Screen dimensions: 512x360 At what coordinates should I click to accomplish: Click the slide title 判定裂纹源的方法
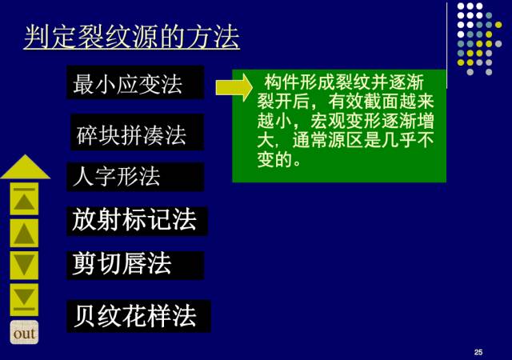coord(131,37)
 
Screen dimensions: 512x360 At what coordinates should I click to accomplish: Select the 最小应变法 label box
coord(135,82)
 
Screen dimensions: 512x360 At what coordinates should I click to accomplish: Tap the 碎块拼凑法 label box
coord(137,132)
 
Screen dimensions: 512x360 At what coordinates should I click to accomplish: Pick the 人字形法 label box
coord(135,177)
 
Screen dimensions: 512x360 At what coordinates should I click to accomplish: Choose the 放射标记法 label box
coord(137,221)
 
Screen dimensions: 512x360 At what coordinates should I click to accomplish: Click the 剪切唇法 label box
coord(135,265)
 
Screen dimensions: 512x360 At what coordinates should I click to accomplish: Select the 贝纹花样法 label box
coord(138,316)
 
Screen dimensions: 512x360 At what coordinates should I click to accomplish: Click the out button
coord(24,332)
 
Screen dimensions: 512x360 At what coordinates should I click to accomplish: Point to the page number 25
coord(478,352)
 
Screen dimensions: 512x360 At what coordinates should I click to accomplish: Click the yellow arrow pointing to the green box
coord(234,87)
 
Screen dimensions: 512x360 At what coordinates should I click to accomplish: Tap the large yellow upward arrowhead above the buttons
coord(26,167)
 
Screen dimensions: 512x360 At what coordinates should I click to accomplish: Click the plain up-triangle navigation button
coord(24,233)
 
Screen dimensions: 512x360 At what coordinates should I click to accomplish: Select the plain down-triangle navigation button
coord(24,266)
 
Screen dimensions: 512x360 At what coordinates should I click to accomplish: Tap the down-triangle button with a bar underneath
coord(24,299)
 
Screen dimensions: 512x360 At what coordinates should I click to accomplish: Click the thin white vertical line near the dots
coord(446,45)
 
